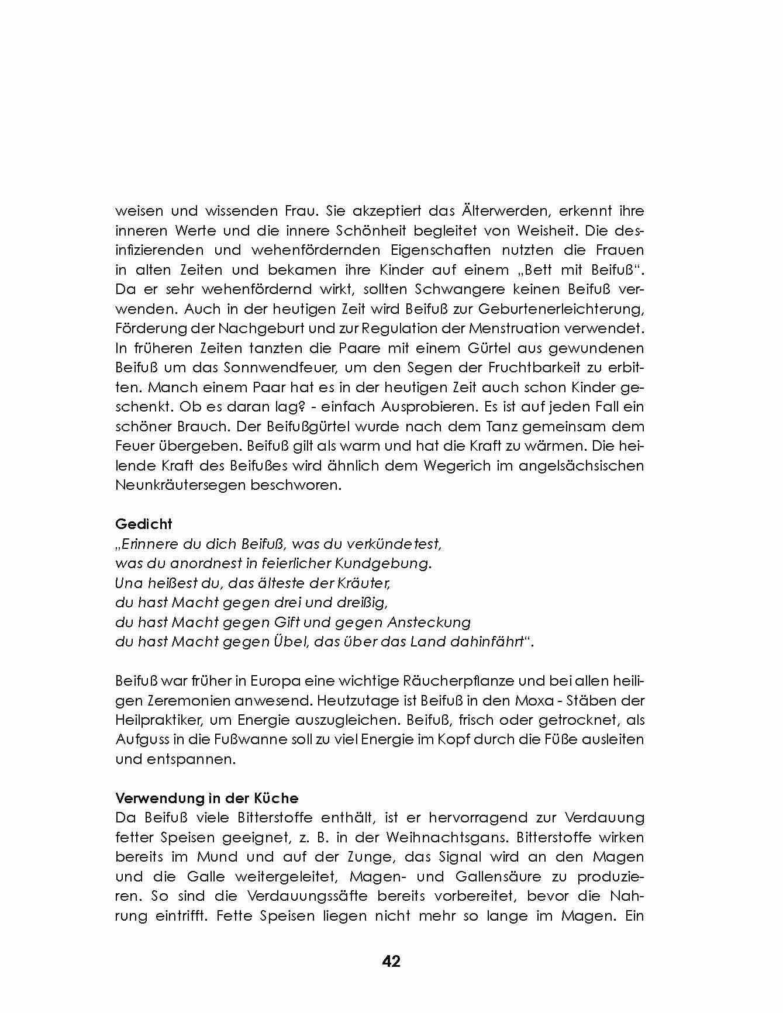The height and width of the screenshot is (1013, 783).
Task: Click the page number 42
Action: click(x=391, y=962)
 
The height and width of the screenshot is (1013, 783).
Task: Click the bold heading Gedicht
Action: click(x=144, y=524)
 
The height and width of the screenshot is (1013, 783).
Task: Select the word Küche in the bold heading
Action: click(x=277, y=798)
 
